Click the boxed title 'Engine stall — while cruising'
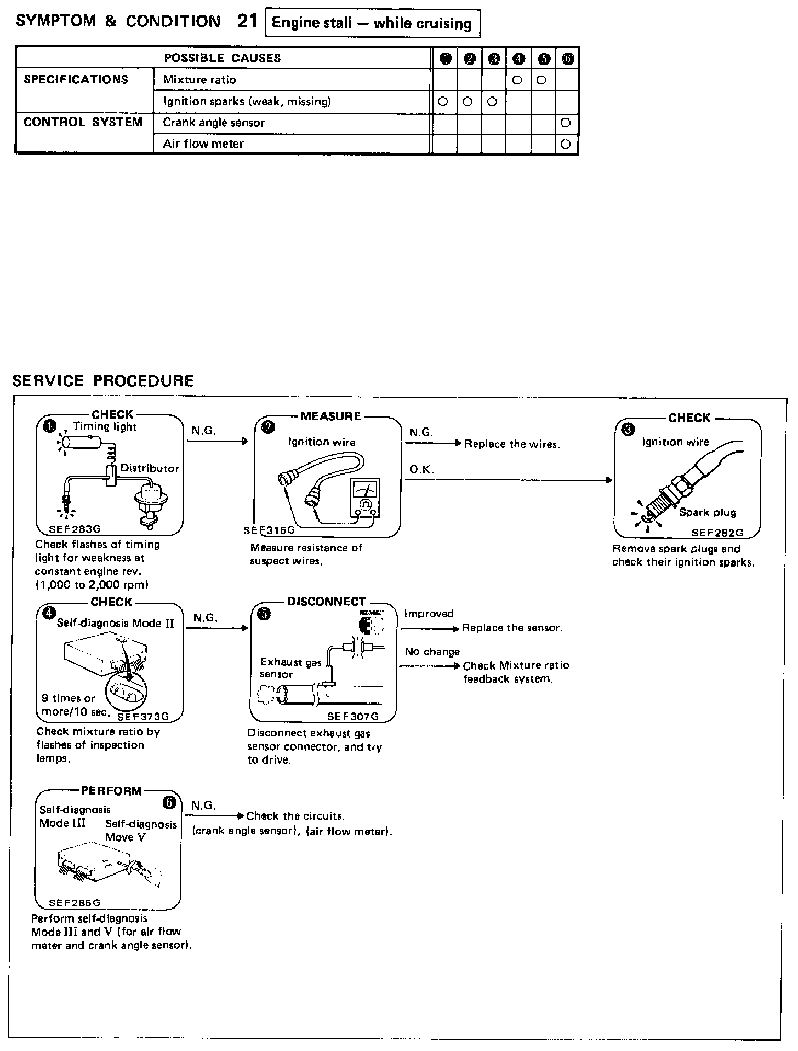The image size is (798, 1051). pos(372,24)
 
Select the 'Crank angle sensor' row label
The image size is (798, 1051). pos(214,123)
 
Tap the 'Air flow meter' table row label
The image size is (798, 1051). pos(203,144)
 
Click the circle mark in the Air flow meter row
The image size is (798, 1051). pos(566,145)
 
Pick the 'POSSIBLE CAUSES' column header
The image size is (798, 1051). pos(223,58)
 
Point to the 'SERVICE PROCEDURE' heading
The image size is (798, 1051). pos(103,381)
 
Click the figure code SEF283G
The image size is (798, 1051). pos(75,529)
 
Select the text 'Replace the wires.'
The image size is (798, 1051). pos(512,444)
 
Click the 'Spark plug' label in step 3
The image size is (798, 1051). pos(708,512)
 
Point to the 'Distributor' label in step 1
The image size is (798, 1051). pos(150,468)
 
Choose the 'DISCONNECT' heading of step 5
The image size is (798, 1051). pos(326,602)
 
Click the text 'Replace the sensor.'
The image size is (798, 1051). pos(512,628)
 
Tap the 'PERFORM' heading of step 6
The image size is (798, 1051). pos(111,791)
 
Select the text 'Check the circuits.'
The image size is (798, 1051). pos(295,816)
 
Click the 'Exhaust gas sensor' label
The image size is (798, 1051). pos(290,668)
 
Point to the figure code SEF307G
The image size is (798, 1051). pos(353,716)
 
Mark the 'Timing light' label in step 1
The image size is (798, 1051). pos(105,426)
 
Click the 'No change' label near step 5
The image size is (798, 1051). pos(432,652)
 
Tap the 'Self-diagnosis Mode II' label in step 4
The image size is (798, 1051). pos(115,623)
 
